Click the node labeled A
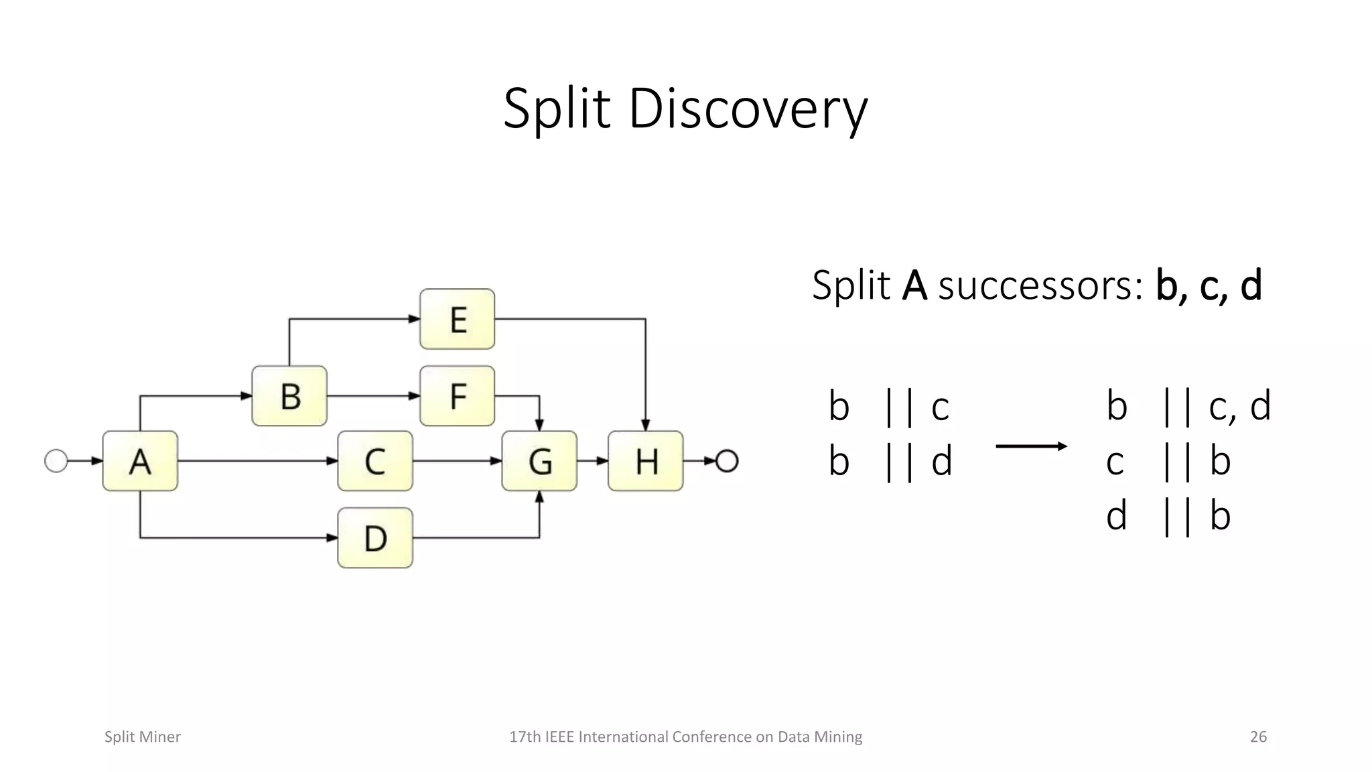point(140,461)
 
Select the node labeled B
point(289,396)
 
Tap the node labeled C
point(374,461)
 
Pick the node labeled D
point(374,537)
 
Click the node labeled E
point(458,319)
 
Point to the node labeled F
point(458,396)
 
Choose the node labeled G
point(539,461)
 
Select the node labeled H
point(646,461)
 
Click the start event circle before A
point(56,461)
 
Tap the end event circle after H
point(727,461)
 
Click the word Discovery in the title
point(748,109)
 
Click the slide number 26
point(1258,736)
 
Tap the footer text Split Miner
point(143,736)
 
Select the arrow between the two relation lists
point(1031,446)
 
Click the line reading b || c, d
point(1188,406)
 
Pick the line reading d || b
point(1168,517)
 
